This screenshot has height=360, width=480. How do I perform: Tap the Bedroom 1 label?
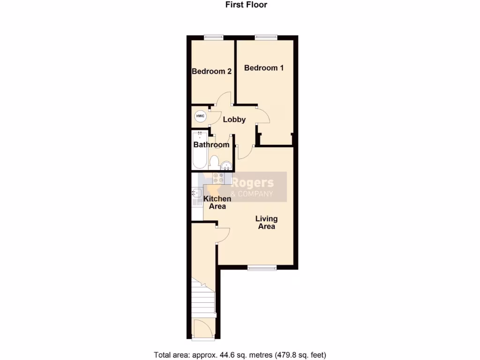coord(264,68)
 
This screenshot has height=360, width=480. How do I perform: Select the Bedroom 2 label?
coord(212,72)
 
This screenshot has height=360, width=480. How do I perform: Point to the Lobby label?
coord(234,120)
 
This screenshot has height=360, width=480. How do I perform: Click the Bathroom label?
coord(211,145)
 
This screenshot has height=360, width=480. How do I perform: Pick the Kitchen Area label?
coord(217,202)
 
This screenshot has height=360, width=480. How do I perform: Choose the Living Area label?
coord(266,222)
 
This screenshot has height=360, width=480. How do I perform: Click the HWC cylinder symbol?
coord(200,116)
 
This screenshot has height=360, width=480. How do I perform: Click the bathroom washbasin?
coord(226,165)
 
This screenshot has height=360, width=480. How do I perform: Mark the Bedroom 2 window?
coord(213,37)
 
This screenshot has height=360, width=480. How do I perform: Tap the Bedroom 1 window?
coord(266,37)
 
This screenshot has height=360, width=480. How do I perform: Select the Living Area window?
coord(262,268)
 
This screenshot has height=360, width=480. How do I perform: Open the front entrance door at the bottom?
coord(202,328)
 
